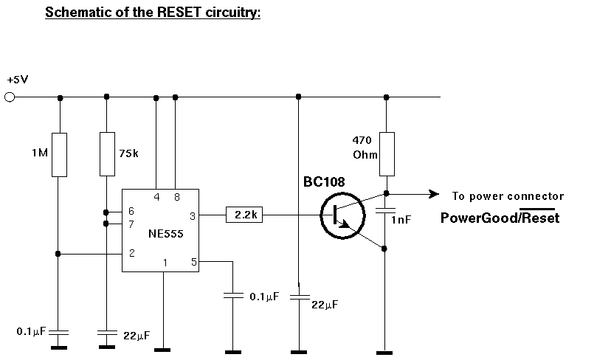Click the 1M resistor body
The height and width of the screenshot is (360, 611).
[60, 154]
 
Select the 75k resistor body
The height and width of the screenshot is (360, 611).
[107, 154]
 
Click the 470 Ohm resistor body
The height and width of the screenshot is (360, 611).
[386, 154]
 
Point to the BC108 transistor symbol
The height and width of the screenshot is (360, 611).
[341, 215]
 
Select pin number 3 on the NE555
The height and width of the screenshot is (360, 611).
[193, 215]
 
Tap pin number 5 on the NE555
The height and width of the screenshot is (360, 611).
[194, 261]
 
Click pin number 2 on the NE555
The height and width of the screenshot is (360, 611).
[131, 253]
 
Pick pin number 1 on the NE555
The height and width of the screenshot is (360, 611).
[165, 262]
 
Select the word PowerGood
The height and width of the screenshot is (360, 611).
[476, 218]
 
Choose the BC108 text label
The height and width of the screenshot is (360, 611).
[324, 181]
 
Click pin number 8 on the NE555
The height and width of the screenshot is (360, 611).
[176, 197]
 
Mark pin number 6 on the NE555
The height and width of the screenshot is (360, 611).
[131, 211]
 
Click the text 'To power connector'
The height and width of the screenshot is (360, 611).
[508, 196]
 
